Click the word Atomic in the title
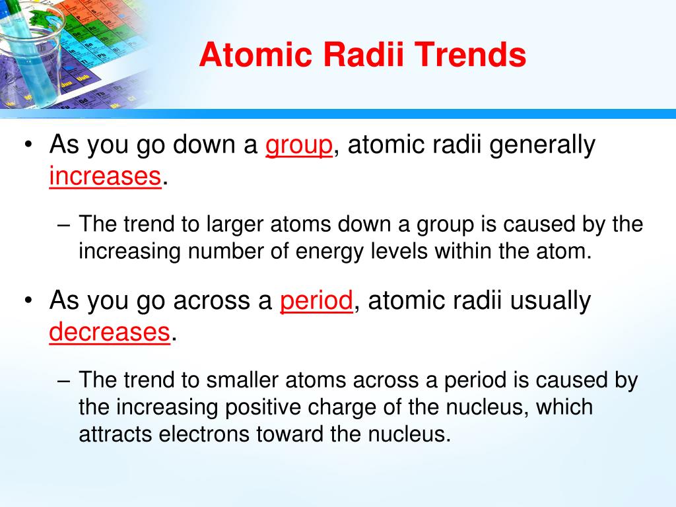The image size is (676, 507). coord(255,54)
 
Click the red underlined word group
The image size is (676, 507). coord(299,145)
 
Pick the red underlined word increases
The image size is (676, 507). coord(105,176)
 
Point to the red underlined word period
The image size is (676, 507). coord(316,301)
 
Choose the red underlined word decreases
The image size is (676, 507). coord(110,331)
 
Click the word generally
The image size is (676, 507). coord(542,145)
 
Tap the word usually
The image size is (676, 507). coord(551,301)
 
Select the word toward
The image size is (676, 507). coord(290,434)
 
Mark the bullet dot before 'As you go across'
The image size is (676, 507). coord(28,300)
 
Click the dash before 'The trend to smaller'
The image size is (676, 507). coord(63,381)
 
